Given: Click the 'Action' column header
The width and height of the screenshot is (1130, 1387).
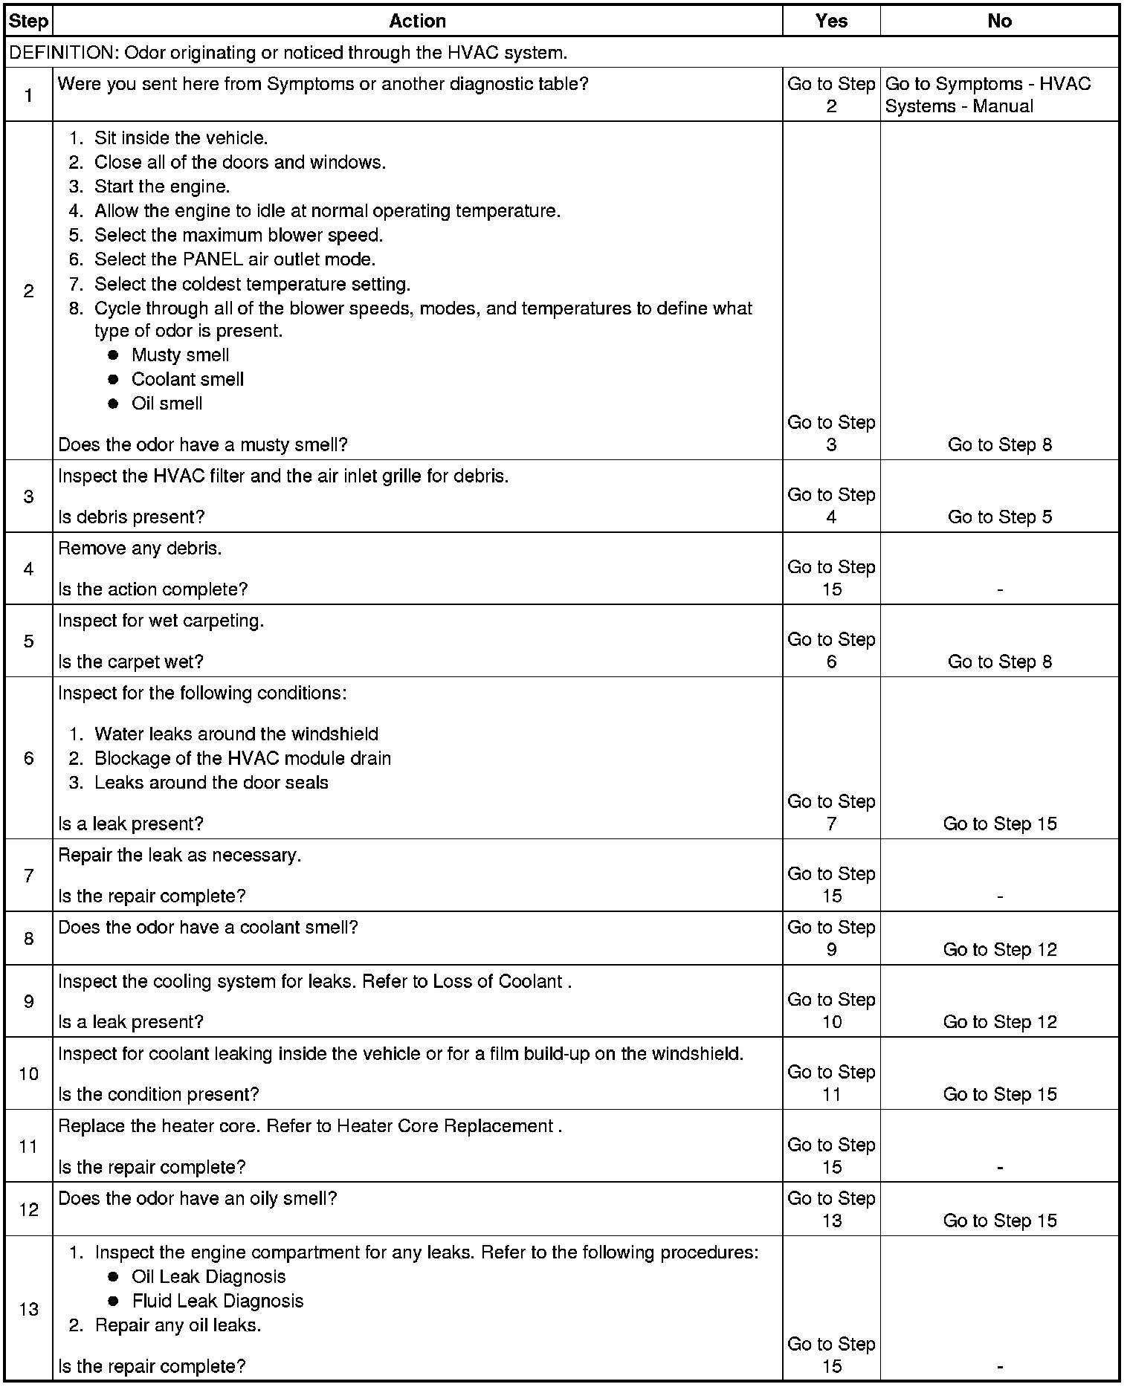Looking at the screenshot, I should pyautogui.click(x=417, y=21).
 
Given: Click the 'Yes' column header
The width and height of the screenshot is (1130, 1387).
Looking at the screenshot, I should pyautogui.click(x=830, y=21).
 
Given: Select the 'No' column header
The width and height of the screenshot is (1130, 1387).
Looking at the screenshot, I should pyautogui.click(x=999, y=21).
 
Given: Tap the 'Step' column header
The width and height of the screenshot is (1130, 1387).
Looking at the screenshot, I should pyautogui.click(x=28, y=21).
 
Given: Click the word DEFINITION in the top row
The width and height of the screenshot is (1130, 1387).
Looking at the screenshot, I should pyautogui.click(x=63, y=53).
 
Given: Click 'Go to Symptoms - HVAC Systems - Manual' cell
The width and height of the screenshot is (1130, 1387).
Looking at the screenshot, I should pyautogui.click(x=988, y=94).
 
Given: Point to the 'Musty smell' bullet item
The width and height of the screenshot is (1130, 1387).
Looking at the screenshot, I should pyautogui.click(x=180, y=355).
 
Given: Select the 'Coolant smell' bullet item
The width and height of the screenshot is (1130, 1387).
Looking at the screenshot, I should pyautogui.click(x=187, y=379).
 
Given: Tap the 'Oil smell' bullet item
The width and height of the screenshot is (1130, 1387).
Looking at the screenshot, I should pyautogui.click(x=167, y=404).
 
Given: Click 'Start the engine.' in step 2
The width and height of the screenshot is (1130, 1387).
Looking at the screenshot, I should pyautogui.click(x=161, y=187).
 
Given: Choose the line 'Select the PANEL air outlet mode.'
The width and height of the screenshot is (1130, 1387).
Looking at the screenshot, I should pyautogui.click(x=234, y=259).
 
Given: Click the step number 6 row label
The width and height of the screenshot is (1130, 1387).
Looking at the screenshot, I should pyautogui.click(x=28, y=758).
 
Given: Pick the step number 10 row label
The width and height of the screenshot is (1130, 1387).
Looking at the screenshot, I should pyautogui.click(x=28, y=1073).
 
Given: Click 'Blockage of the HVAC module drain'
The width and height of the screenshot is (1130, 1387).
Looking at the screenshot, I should pyautogui.click(x=242, y=758).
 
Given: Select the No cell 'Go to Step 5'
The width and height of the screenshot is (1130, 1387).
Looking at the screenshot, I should pyautogui.click(x=999, y=517).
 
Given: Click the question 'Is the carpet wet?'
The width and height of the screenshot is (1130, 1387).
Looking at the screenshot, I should pyautogui.click(x=130, y=662).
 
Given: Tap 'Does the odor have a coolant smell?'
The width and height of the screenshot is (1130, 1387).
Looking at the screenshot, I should pyautogui.click(x=208, y=928).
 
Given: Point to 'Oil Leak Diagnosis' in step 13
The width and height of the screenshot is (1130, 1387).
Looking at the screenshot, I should pyautogui.click(x=208, y=1276).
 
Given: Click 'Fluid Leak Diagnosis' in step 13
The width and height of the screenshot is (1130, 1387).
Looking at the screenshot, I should pyautogui.click(x=217, y=1301).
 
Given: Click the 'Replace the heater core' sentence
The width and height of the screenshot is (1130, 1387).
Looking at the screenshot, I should pyautogui.click(x=309, y=1126).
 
